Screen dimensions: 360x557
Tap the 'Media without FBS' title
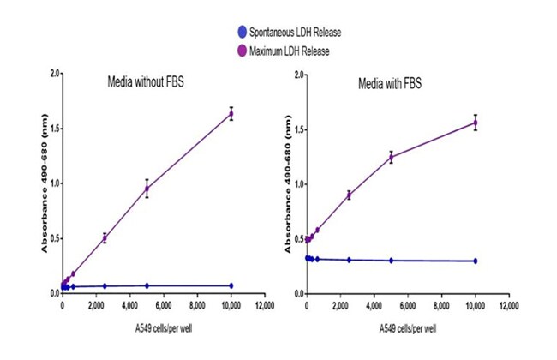click(x=146, y=83)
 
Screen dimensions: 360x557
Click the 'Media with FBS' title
click(x=390, y=84)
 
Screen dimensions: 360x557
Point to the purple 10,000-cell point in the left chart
click(x=231, y=113)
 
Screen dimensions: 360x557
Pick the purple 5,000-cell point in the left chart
click(x=147, y=189)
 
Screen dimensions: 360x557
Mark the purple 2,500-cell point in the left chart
click(x=105, y=237)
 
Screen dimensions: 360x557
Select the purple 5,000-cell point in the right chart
click(x=391, y=157)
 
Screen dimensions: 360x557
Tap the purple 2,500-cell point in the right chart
click(x=349, y=195)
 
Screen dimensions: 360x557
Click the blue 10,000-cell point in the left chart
click(x=231, y=285)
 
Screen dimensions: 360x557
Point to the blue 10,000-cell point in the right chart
click(x=476, y=261)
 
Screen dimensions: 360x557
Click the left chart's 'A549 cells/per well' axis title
click(x=149, y=328)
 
